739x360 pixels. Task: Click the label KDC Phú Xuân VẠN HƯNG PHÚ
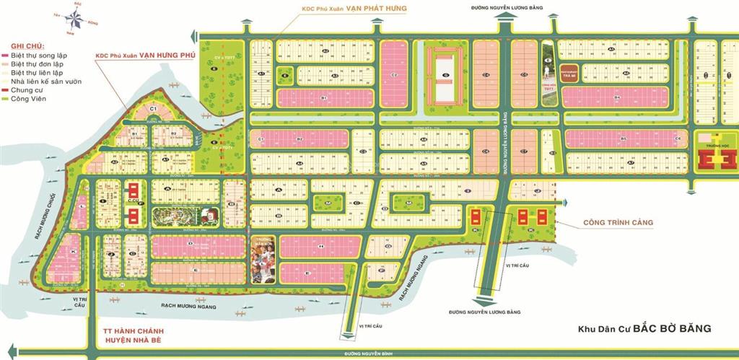coord(141,55)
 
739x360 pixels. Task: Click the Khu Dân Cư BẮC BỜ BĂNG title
coord(645,329)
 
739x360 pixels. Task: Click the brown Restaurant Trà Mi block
coord(568,74)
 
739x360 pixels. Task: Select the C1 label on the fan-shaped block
coord(153,108)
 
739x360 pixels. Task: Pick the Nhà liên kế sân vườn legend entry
coord(45,81)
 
